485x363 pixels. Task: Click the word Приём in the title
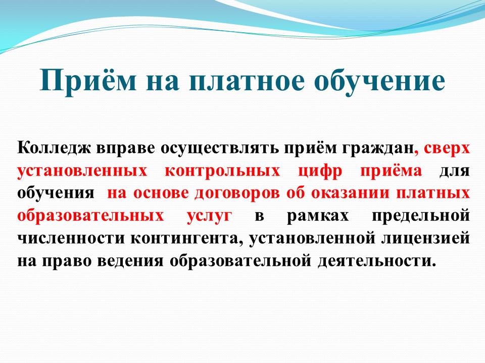pos(88,81)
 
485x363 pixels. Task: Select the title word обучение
pos(380,80)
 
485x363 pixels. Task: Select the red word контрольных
pos(222,171)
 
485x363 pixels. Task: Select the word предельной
pos(421,215)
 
